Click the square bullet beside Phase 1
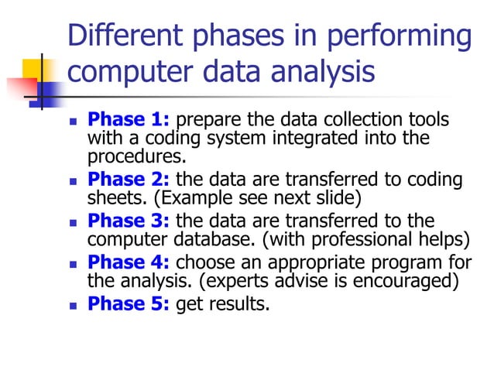coord(74,122)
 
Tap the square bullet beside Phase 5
coord(74,304)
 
